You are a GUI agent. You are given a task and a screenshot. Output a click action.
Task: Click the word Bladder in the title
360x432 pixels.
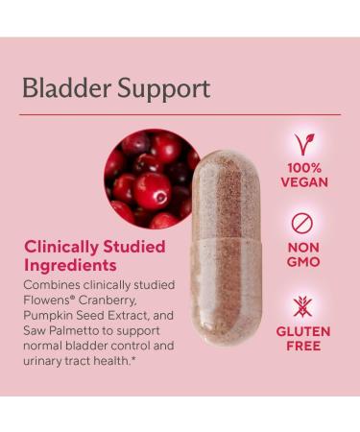pyautogui.click(x=60, y=89)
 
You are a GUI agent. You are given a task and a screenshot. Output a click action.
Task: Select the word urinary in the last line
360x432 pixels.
pyautogui.click(x=44, y=361)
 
